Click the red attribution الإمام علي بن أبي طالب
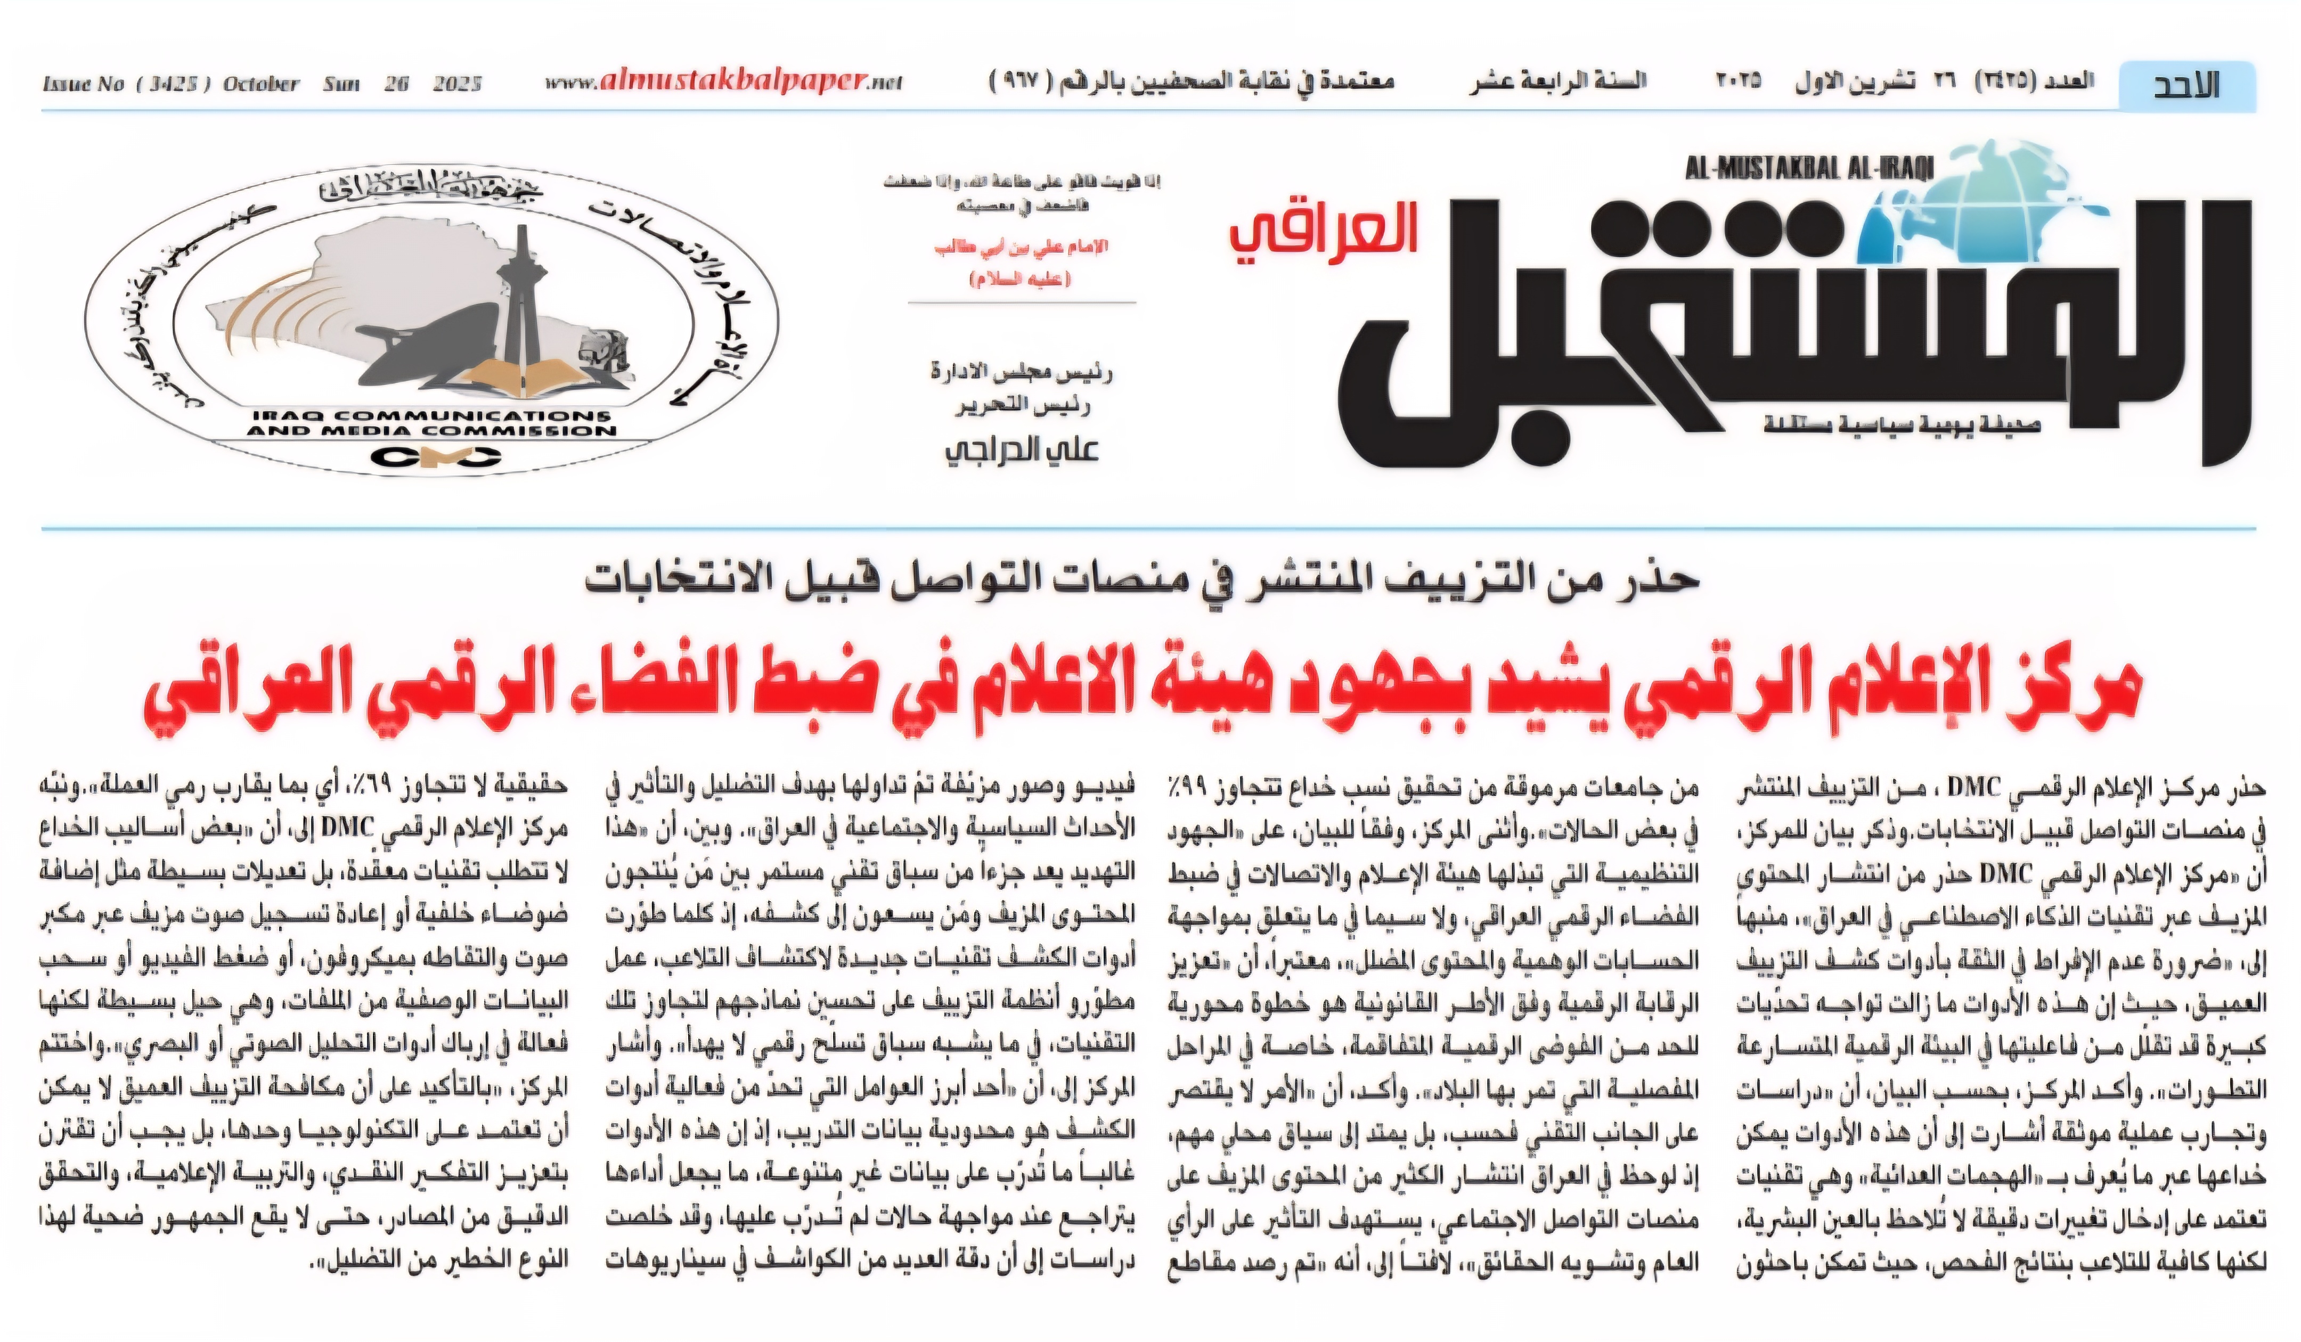click(x=1021, y=248)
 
